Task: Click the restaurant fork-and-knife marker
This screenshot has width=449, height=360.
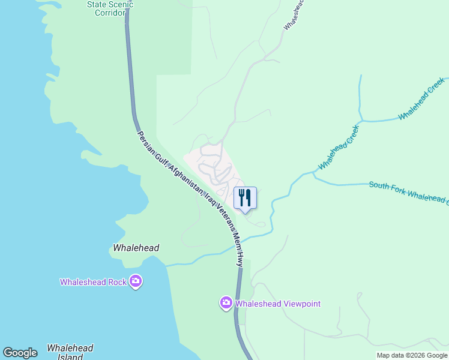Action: point(245,197)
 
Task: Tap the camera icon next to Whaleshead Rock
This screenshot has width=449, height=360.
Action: point(136,281)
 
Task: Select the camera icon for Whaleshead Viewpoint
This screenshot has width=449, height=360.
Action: point(226,303)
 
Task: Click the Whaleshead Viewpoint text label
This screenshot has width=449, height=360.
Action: point(278,304)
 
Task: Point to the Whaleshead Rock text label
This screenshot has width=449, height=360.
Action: point(94,282)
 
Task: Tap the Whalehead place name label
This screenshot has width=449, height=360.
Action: point(136,247)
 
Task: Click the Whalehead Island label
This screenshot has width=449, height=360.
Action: point(70,352)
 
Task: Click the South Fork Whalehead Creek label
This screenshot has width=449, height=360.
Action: point(408,192)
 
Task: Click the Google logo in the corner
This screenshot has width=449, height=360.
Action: point(20,353)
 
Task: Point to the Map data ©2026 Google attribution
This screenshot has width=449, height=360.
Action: point(412,355)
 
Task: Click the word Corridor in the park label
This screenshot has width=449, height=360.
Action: point(110,13)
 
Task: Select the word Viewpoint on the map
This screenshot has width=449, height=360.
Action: point(298,304)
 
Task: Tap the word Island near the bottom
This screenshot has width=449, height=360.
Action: point(70,357)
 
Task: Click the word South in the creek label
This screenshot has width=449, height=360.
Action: point(380,187)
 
